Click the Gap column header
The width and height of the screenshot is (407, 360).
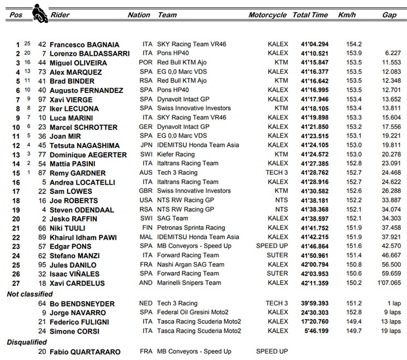click(389, 15)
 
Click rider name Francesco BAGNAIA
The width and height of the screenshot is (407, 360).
click(84, 44)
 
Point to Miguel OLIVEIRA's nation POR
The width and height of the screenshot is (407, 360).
click(148, 63)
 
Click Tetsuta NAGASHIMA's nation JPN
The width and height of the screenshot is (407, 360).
click(148, 145)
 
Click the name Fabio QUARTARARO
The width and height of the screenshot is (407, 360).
click(85, 351)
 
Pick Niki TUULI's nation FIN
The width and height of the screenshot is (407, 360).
click(148, 228)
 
